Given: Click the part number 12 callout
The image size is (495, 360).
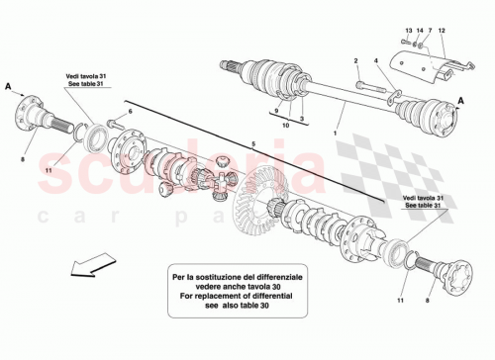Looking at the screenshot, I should click(442, 33).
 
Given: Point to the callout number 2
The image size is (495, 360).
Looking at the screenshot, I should click(357, 62).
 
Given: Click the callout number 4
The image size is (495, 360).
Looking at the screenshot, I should click(377, 62).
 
